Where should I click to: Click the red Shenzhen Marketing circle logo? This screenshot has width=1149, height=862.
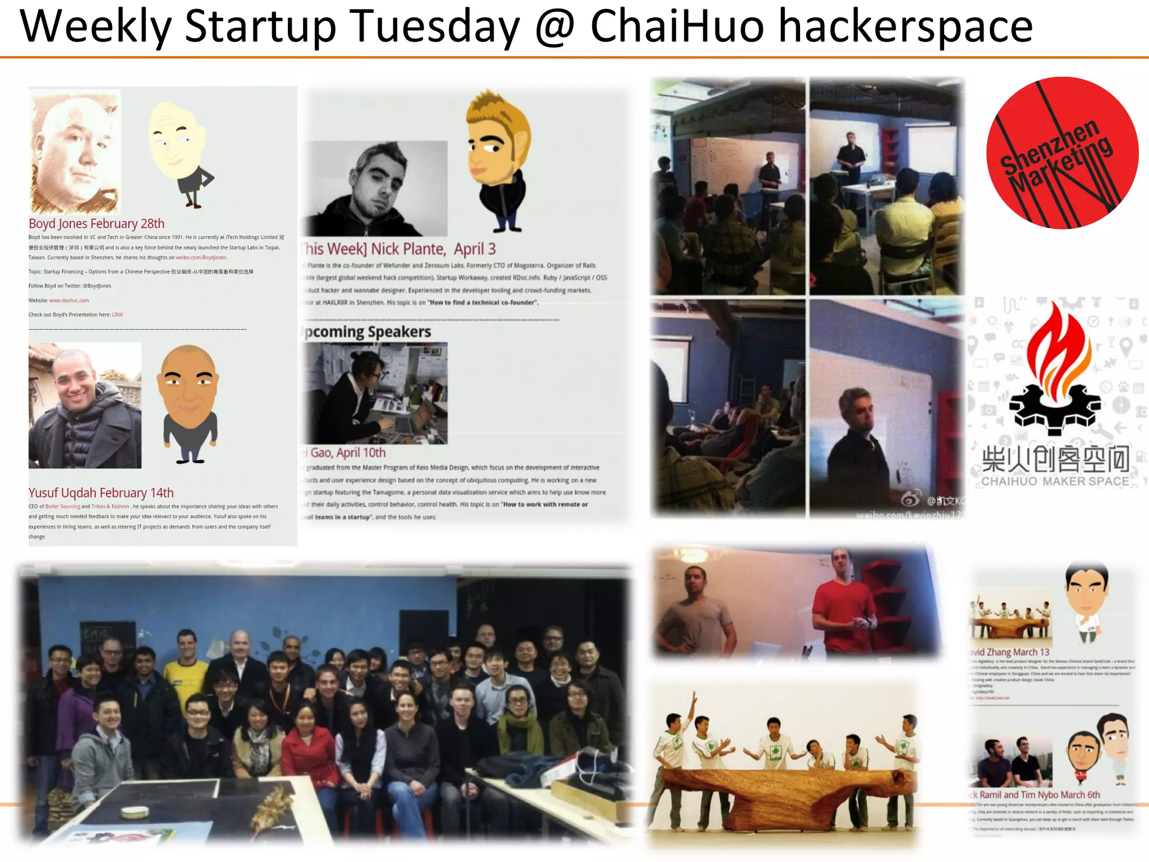[x=1061, y=153]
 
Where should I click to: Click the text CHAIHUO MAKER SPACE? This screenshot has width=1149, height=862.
[x=1055, y=482]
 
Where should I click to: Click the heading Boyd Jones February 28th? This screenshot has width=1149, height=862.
[x=96, y=224]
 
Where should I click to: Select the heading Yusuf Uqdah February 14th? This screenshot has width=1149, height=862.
[x=101, y=493]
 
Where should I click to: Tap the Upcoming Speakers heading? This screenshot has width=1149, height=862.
[x=367, y=332]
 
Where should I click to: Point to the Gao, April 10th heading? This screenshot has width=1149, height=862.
[x=347, y=453]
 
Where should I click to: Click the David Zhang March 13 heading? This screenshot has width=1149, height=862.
[x=1010, y=652]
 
